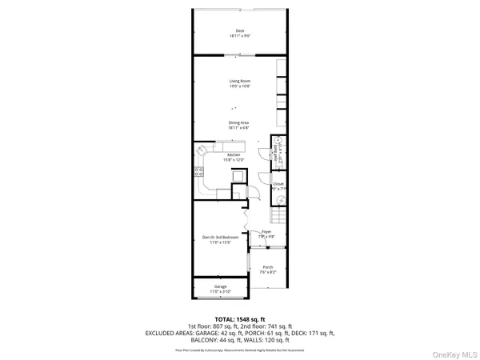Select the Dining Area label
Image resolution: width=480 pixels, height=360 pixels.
click(239, 122)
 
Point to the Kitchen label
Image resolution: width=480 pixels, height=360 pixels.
click(234, 154)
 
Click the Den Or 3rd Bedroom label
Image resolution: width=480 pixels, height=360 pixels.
click(220, 238)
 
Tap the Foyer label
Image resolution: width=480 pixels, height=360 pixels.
click(266, 232)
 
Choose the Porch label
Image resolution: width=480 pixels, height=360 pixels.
click(268, 267)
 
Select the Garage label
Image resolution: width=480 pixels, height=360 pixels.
click(220, 286)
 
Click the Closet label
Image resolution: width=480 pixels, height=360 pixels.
click(278, 184)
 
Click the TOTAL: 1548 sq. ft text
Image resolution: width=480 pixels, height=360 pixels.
click(239, 319)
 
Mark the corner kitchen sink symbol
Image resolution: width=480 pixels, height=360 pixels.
click(202, 150)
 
